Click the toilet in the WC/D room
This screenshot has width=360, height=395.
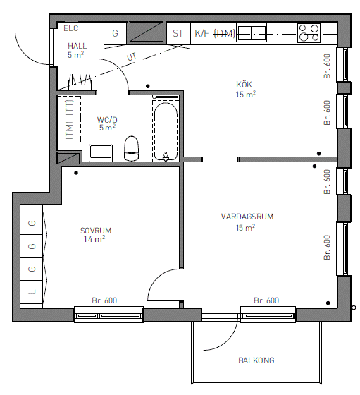pos(131,148)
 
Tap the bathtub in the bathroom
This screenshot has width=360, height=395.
pos(166,131)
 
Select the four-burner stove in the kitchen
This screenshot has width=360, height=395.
pos(309,33)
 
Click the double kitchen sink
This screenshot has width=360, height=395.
pos(252,33)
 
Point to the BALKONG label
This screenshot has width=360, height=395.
pos(256,360)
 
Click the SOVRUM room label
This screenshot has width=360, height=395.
pos(96,231)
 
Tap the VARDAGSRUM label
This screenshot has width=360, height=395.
pos(247,217)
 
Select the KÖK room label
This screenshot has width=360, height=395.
pos(244,85)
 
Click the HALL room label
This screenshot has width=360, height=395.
pos(77,46)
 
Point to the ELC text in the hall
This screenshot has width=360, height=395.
pos(71,28)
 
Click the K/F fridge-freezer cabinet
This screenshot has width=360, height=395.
pos(201,33)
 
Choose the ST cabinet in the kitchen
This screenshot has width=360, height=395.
pos(178,33)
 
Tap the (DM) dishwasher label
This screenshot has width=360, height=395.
pos(225,34)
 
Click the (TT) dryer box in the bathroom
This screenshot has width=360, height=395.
pos(69,107)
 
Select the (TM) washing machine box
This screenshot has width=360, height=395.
pos(69,130)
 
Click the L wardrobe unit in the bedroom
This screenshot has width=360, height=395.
pos(32,292)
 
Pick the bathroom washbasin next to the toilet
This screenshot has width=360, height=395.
pos(101,153)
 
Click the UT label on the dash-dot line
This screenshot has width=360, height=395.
pos(132,57)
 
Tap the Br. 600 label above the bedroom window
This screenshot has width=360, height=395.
pos(104,300)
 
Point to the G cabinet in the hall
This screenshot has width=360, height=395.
pos(115,33)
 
